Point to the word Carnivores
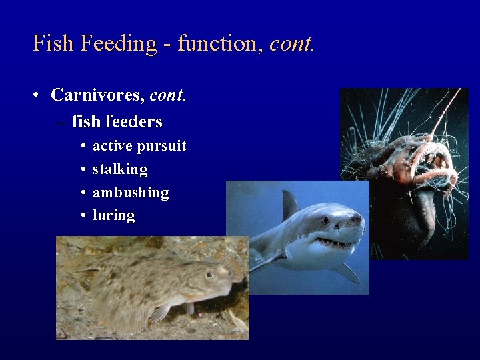click(x=97, y=95)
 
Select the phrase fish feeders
click(x=117, y=122)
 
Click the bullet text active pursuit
click(x=139, y=146)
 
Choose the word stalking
click(x=120, y=169)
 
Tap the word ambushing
click(x=131, y=193)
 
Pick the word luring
click(x=113, y=216)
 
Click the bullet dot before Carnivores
click(x=37, y=95)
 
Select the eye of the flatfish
click(x=209, y=274)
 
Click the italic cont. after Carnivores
click(x=167, y=95)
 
